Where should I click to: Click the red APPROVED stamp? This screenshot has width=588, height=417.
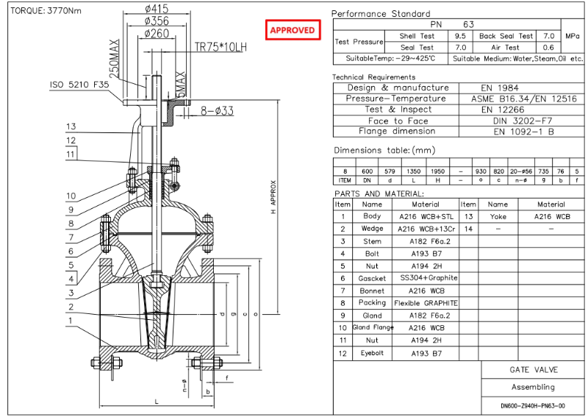point(293,30)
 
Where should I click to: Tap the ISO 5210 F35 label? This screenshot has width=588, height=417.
point(80,85)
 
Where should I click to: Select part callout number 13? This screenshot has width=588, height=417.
point(71,126)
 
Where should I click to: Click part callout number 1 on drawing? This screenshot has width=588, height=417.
point(71,320)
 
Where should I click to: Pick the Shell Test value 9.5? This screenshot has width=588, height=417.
point(460,35)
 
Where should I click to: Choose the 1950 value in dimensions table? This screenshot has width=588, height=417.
point(437,171)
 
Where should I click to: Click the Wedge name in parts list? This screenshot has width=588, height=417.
point(372,229)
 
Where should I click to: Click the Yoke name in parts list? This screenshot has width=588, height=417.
point(498,216)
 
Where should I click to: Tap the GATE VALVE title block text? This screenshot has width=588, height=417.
point(533,369)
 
